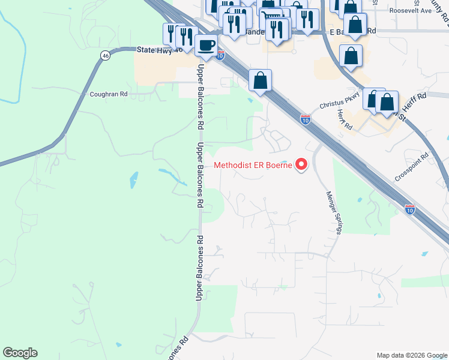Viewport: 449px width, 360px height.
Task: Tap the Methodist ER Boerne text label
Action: click(x=253, y=164)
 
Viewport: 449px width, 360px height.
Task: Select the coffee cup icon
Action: click(x=206, y=46)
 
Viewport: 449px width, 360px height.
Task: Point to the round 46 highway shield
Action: click(x=106, y=56)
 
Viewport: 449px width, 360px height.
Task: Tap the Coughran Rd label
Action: click(x=109, y=94)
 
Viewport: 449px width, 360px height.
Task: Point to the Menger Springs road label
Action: click(x=331, y=213)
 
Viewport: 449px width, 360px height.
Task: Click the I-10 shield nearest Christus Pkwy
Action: click(x=306, y=119)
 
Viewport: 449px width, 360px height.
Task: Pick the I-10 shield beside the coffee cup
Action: click(x=220, y=55)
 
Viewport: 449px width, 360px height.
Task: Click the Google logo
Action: click(x=20, y=353)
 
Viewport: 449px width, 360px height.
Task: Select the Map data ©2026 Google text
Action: click(x=411, y=355)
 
